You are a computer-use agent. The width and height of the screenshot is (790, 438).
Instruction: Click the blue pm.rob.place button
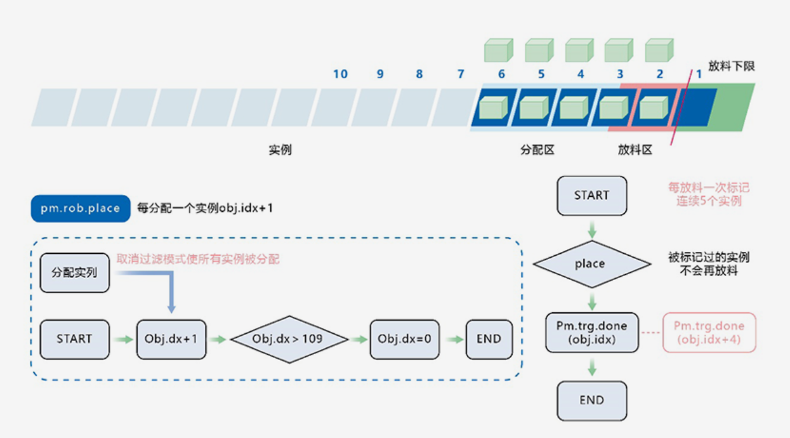pyautogui.click(x=80, y=208)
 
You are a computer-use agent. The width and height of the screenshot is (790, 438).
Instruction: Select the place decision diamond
pyautogui.click(x=591, y=264)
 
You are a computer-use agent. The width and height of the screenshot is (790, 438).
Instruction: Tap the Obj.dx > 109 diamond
pyautogui.click(x=289, y=339)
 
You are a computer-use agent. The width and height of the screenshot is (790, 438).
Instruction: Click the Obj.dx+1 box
pyautogui.click(x=171, y=339)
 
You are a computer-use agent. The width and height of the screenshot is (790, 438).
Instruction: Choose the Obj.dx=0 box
pyautogui.click(x=404, y=339)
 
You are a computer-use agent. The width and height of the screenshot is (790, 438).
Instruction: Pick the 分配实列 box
pyautogui.click(x=75, y=273)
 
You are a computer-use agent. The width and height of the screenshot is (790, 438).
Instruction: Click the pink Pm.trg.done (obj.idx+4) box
pyautogui.click(x=709, y=333)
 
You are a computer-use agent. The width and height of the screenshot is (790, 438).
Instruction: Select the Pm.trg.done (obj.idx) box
pyautogui.click(x=591, y=333)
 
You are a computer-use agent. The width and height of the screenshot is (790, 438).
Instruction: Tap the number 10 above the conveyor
pyautogui.click(x=340, y=74)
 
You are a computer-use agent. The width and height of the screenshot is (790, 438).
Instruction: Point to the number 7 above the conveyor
pyautogui.click(x=461, y=74)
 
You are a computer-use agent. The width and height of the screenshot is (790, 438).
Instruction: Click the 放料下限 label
pyautogui.click(x=732, y=66)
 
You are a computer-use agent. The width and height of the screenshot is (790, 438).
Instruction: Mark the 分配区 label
pyautogui.click(x=537, y=150)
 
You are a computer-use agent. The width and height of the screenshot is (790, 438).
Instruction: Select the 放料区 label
pyautogui.click(x=635, y=150)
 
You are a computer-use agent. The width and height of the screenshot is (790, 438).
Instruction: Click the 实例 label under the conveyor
pyautogui.click(x=280, y=150)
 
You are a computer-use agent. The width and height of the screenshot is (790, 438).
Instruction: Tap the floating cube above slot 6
pyautogui.click(x=497, y=50)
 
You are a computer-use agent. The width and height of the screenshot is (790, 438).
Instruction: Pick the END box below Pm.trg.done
pyautogui.click(x=591, y=401)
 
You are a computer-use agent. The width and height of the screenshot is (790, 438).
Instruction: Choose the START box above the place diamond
pyautogui.click(x=591, y=196)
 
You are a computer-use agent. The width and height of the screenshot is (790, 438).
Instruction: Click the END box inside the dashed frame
pyautogui.click(x=489, y=339)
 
